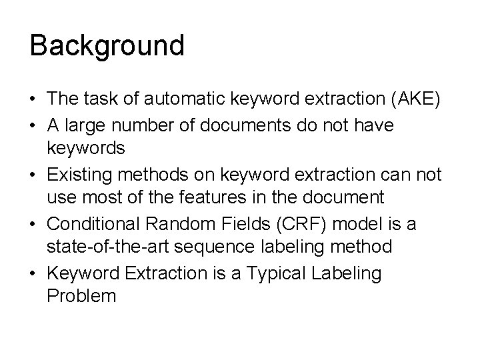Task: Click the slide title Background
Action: (x=107, y=46)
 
